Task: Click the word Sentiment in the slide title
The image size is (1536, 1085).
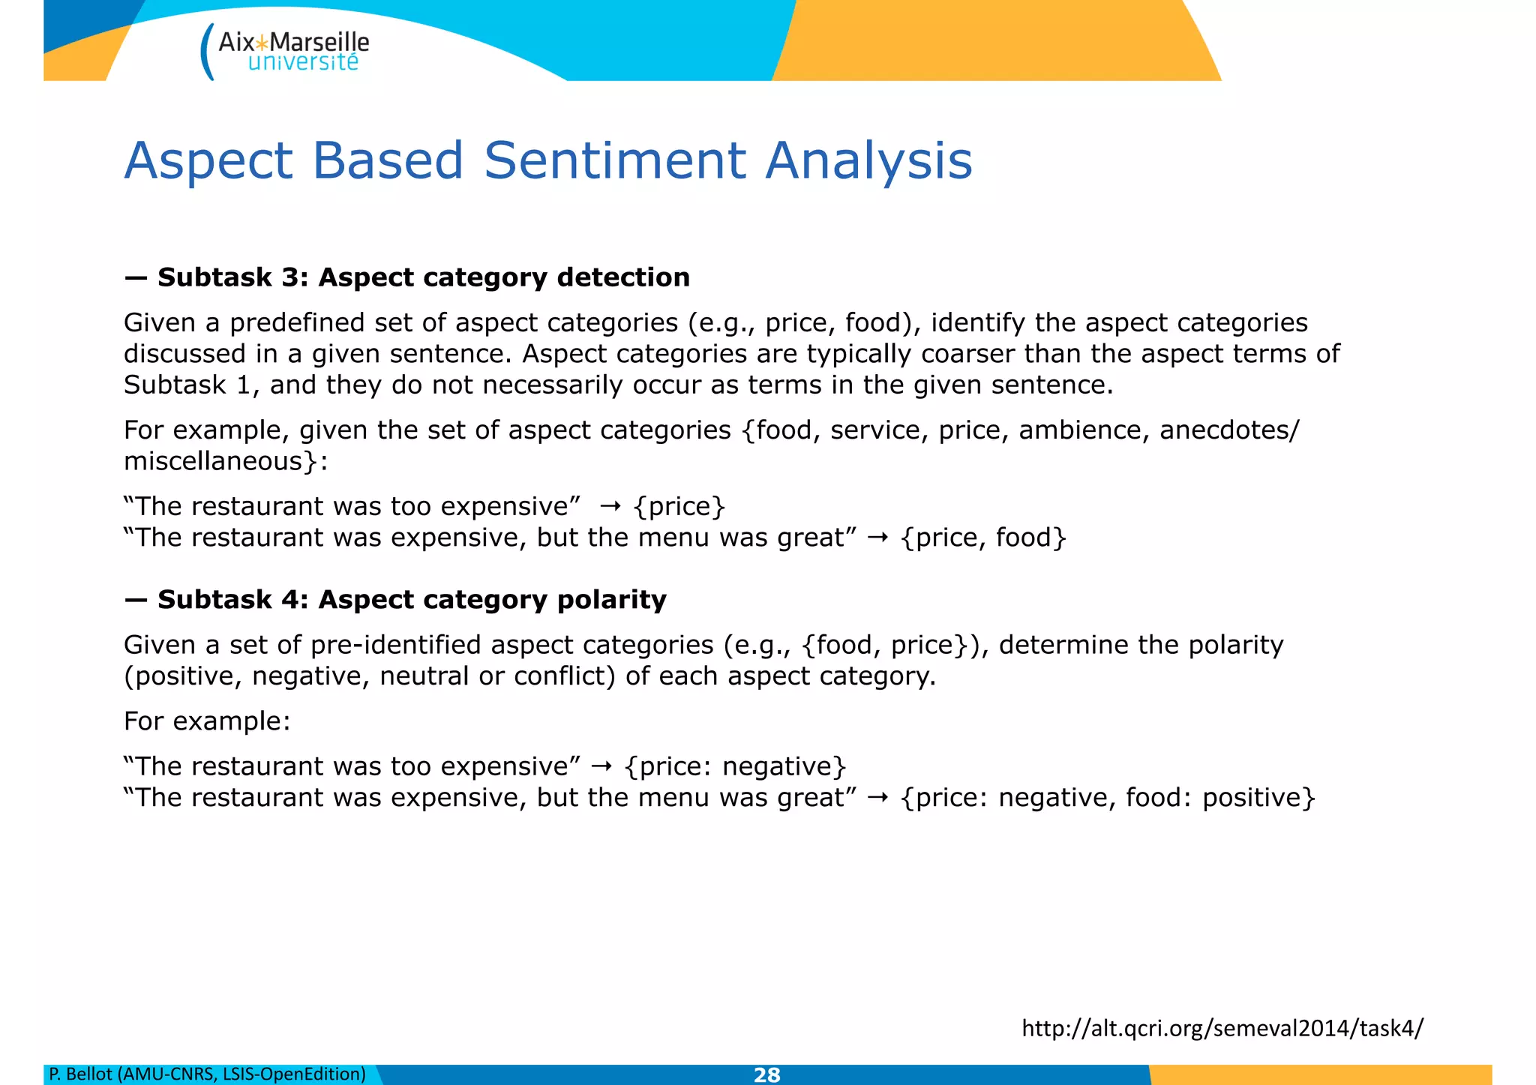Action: [615, 160]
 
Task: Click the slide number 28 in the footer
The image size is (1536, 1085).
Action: [766, 1075]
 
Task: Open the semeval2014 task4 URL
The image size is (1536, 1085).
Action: [1222, 1027]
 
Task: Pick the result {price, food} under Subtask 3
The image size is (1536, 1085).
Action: [983, 538]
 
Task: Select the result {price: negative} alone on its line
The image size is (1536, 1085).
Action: [735, 766]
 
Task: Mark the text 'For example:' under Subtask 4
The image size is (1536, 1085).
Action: [207, 721]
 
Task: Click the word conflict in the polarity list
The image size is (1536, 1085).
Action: [559, 676]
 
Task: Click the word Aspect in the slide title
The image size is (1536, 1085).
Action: [208, 160]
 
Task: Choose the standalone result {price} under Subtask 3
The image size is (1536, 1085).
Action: [679, 507]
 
